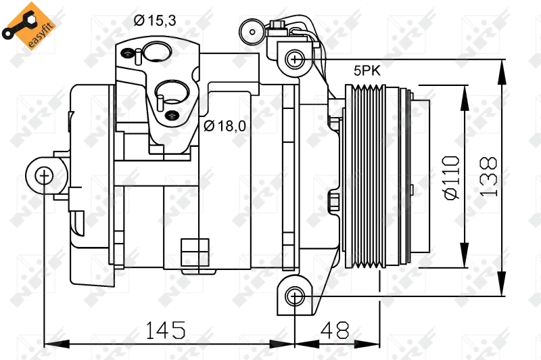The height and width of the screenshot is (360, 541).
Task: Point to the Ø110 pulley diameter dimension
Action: (451, 177)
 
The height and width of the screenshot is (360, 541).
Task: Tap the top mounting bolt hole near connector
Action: (295, 59)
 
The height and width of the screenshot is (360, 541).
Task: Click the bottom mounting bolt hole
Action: (294, 295)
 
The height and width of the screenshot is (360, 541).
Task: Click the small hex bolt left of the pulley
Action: (333, 202)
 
